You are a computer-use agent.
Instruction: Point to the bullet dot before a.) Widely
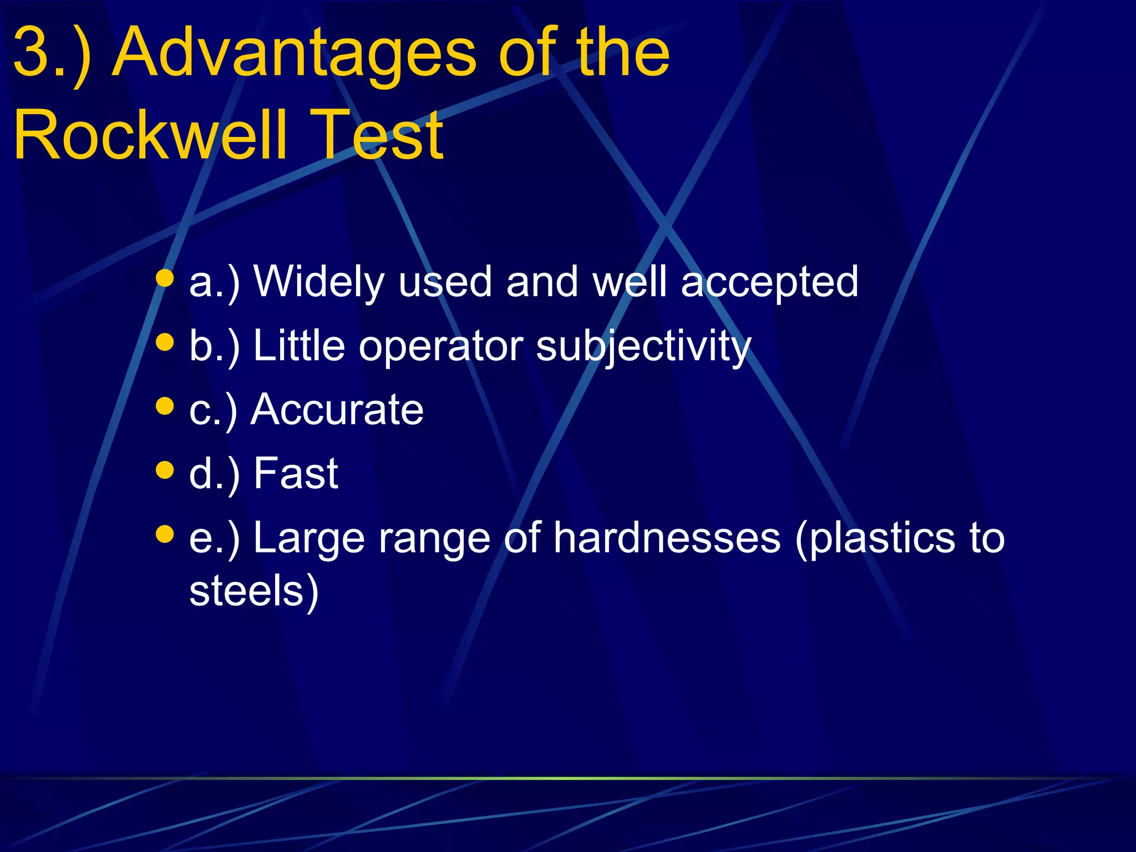click(x=165, y=278)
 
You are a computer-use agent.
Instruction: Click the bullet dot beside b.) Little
click(x=165, y=342)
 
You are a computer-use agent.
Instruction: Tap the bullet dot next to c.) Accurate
click(x=165, y=405)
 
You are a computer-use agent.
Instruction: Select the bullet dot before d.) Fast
click(x=165, y=470)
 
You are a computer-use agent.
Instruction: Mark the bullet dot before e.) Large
click(x=165, y=534)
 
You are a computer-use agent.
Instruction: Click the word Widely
click(x=318, y=282)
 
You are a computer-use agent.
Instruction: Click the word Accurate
click(x=337, y=410)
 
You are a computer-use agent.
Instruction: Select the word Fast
click(x=296, y=474)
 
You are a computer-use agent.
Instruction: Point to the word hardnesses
click(x=667, y=538)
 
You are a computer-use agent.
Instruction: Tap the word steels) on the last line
click(x=254, y=591)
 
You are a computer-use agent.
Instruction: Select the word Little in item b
click(x=299, y=346)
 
